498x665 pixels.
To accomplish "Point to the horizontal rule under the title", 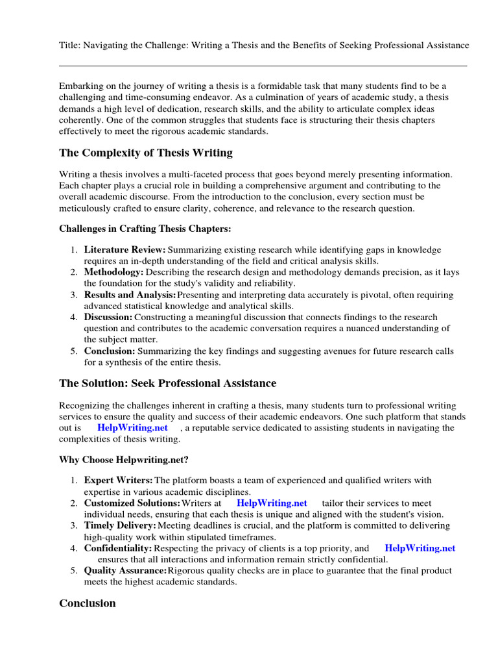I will (263, 66).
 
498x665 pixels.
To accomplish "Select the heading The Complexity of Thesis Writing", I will (146, 153).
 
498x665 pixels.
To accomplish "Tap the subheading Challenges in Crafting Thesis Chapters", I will (145, 229).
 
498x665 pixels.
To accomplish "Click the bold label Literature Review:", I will (125, 249).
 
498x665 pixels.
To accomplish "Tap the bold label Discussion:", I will (108, 317).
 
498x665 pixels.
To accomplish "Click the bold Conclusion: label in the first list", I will (110, 351).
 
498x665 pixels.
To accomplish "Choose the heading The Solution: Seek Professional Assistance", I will (167, 383).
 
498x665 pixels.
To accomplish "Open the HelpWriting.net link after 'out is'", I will (132, 428).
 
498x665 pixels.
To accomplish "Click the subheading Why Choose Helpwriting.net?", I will (124, 460).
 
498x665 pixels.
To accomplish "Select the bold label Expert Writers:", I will (118, 481).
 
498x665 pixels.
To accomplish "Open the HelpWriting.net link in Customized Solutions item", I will (272, 503).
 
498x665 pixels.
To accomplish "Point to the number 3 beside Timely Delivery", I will (74, 525).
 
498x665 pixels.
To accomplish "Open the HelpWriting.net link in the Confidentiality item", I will (420, 548).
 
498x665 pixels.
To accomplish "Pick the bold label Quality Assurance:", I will (125, 570).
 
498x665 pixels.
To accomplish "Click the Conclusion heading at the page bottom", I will (88, 603).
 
